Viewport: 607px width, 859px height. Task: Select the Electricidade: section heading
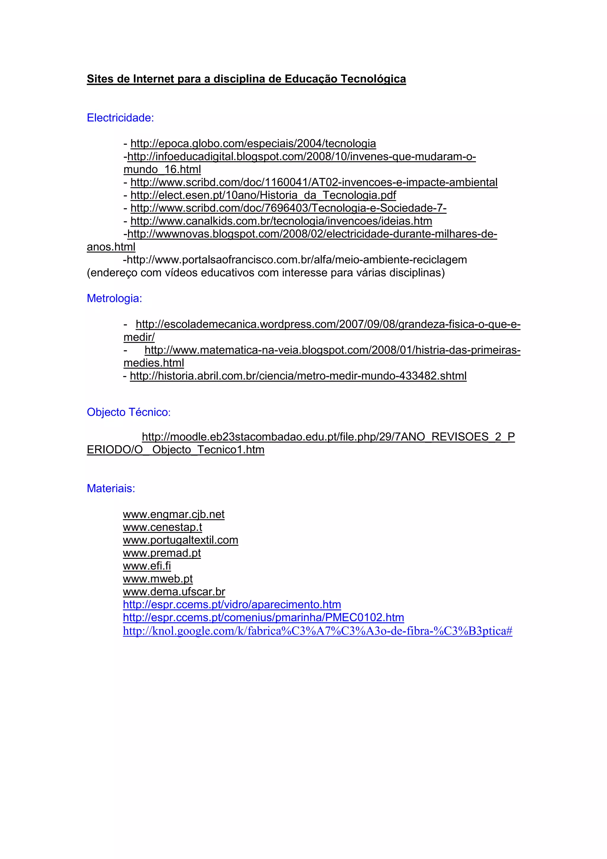coord(120,118)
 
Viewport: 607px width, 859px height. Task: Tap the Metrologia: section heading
coord(114,298)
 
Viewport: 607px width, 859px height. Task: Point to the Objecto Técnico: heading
coord(128,412)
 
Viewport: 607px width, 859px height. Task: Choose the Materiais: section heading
coord(111,488)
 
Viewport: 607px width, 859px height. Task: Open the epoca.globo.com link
coord(253,144)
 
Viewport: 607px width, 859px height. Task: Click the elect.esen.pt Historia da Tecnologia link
coord(263,195)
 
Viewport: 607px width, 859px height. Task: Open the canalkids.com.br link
coord(281,221)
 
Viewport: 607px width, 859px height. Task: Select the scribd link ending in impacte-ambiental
coord(314,183)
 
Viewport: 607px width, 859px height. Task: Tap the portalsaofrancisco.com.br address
coord(297,260)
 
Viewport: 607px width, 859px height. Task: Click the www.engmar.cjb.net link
coord(174,515)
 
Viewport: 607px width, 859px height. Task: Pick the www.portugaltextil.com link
coord(180,540)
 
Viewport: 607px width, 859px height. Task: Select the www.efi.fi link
coord(147,566)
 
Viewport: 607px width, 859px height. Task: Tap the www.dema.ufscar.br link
coord(174,592)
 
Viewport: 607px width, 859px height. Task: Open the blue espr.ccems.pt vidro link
coord(232,605)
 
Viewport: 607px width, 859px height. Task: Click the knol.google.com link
coord(317,631)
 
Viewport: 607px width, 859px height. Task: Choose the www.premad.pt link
coord(162,553)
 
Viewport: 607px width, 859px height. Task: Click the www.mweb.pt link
coord(157,579)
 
